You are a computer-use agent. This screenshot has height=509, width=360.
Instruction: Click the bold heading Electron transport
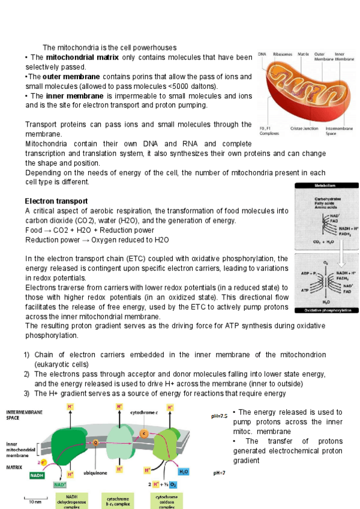tap(56, 200)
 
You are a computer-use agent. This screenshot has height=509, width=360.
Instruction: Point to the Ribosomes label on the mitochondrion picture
tap(283, 54)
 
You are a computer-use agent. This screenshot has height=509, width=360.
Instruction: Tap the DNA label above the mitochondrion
tap(262, 54)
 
